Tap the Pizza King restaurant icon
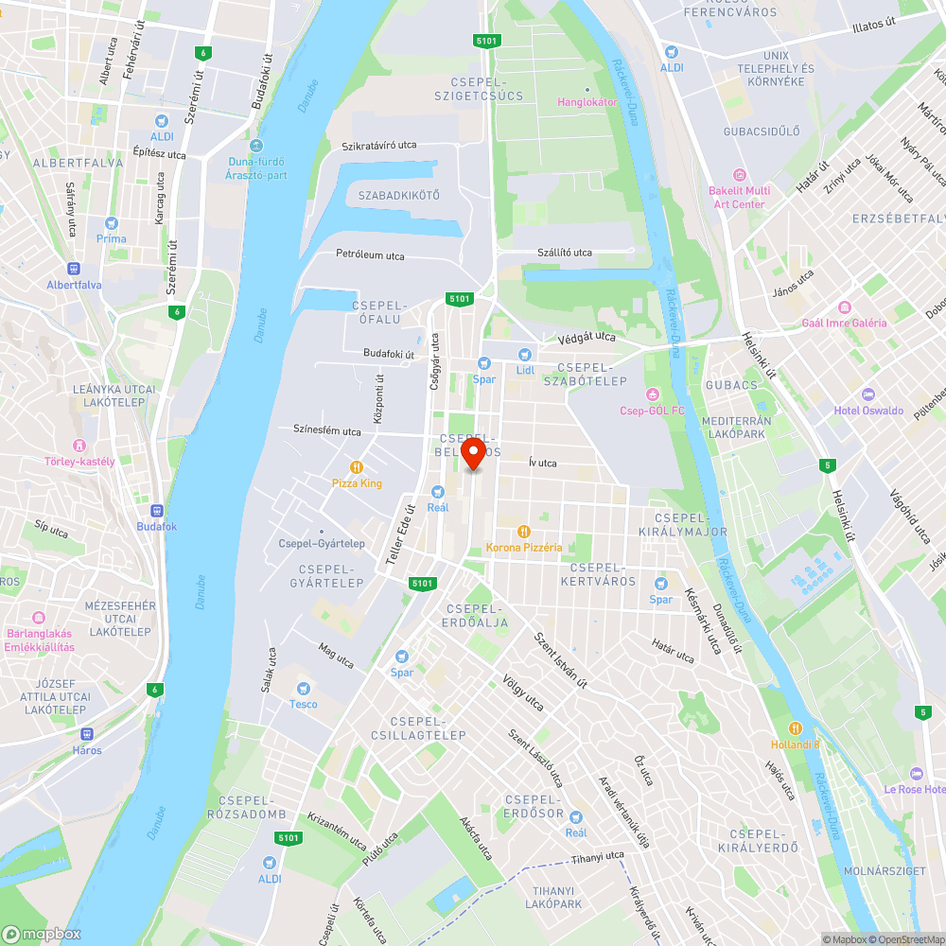click(x=357, y=466)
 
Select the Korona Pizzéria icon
click(x=524, y=531)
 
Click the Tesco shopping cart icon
click(x=304, y=688)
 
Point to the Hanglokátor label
click(x=587, y=101)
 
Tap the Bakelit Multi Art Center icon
click(x=740, y=175)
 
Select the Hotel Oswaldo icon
click(x=868, y=394)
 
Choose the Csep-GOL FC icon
click(x=651, y=394)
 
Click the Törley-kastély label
click(x=79, y=462)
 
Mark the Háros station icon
click(x=87, y=734)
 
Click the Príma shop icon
click(x=112, y=223)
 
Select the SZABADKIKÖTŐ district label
click(x=399, y=196)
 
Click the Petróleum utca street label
click(x=370, y=255)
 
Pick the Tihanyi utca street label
click(x=598, y=857)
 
